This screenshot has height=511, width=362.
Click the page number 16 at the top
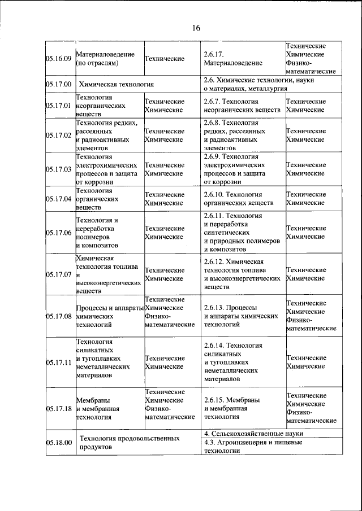[x=196, y=28]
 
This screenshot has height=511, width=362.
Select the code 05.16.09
[x=58, y=58]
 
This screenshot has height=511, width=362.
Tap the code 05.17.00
[x=58, y=85]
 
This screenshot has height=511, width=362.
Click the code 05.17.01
[x=58, y=106]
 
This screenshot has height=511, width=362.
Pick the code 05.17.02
[x=58, y=135]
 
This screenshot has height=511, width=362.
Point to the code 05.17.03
[x=58, y=169]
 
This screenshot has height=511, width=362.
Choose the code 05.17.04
[x=58, y=199]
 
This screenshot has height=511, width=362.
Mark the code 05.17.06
[x=58, y=233]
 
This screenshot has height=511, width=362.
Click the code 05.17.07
[x=58, y=274]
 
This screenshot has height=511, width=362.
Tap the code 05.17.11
[x=58, y=362]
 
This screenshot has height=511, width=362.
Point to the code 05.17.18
[x=58, y=408]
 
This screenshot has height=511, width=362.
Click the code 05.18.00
[x=58, y=443]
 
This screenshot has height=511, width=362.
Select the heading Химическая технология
[x=117, y=85]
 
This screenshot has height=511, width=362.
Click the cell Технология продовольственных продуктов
[x=131, y=443]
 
